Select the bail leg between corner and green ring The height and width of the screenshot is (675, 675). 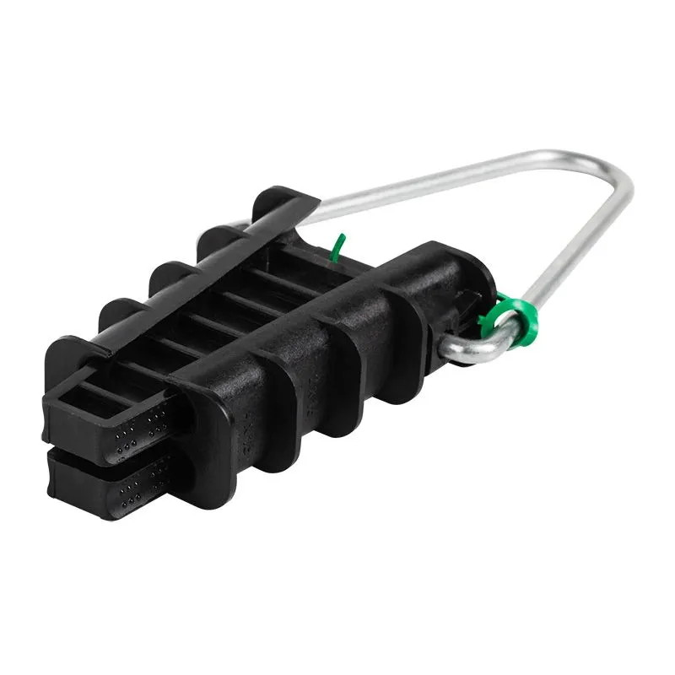574,253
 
